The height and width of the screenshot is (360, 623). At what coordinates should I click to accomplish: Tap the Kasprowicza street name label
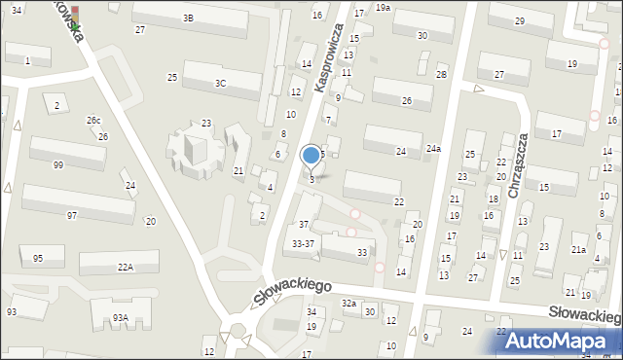point(330,59)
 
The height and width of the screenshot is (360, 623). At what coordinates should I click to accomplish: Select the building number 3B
point(188,18)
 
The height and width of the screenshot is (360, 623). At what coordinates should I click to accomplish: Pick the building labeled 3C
point(221,83)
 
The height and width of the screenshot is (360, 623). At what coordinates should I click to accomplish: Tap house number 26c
point(93,121)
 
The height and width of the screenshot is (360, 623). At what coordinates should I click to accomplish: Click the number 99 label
point(58,165)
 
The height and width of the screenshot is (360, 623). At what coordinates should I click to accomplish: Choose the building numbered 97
point(72,214)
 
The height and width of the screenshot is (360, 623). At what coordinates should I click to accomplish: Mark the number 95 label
point(38,258)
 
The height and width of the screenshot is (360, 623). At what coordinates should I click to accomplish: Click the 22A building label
point(126,267)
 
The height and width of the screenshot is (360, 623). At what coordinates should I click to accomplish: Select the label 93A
point(120,317)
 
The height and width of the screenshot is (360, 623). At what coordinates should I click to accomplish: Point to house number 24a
point(433,149)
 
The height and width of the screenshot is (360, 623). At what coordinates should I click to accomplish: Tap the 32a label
point(348,304)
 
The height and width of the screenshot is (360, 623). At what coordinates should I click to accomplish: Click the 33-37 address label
point(303,244)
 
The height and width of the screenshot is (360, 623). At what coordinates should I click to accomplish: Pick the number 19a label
point(384,7)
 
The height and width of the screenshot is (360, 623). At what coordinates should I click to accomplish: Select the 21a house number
point(578,250)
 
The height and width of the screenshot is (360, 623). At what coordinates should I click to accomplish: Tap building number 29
point(520,21)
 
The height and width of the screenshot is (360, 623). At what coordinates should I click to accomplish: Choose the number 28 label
point(441,75)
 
